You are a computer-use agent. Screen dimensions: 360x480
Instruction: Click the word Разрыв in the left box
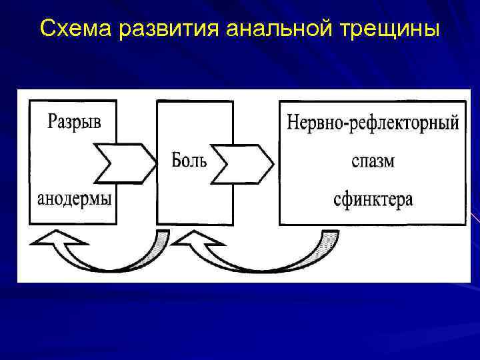pyautogui.click(x=74, y=121)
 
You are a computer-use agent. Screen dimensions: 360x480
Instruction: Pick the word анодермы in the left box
pyautogui.click(x=74, y=199)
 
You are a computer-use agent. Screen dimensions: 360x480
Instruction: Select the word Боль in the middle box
pyautogui.click(x=189, y=161)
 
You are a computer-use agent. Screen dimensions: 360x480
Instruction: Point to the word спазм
pyautogui.click(x=373, y=161)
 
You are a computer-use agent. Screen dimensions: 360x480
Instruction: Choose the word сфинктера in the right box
pyautogui.click(x=373, y=199)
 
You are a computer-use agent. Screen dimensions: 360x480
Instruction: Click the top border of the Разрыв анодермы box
pyautogui.click(x=73, y=101)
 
